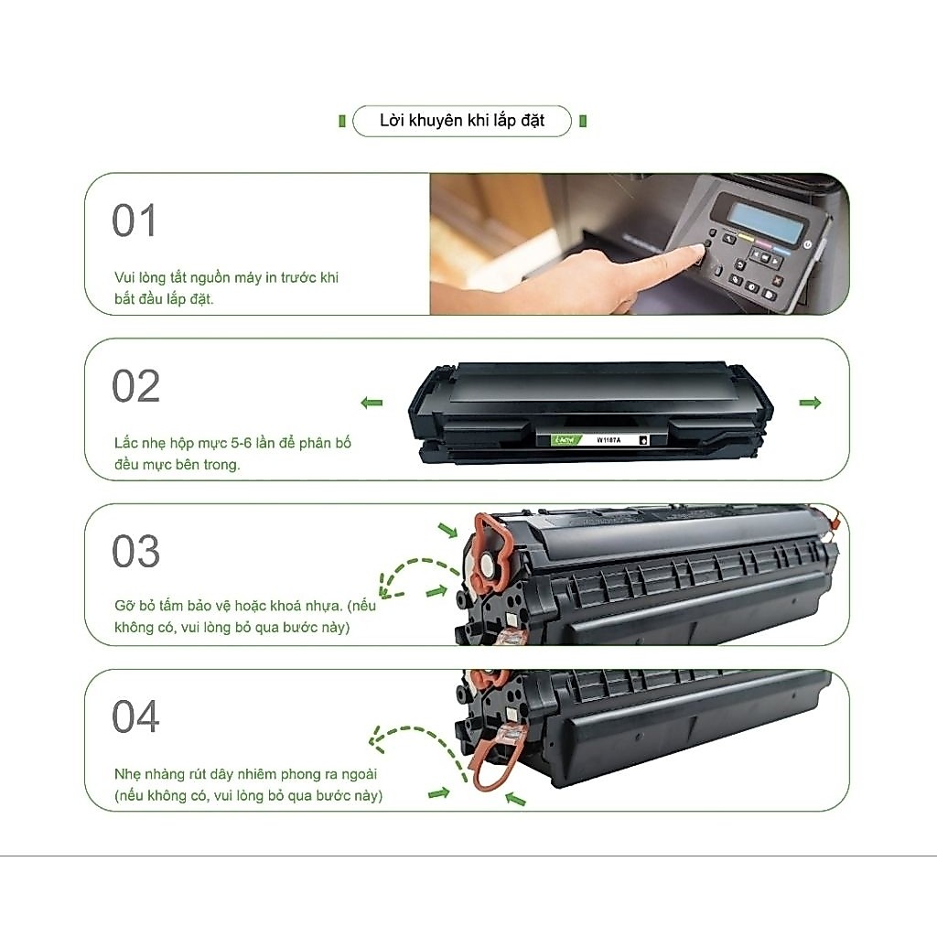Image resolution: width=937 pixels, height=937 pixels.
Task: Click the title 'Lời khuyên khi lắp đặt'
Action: (462, 121)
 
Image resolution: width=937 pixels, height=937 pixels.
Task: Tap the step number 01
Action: (134, 221)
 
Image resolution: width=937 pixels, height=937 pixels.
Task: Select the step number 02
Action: (135, 386)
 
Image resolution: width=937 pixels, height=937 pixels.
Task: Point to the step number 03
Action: (135, 551)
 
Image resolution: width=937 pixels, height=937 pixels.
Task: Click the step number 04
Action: (135, 716)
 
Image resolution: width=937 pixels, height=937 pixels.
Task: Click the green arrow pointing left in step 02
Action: (372, 403)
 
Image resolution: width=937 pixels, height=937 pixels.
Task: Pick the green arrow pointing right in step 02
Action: (811, 403)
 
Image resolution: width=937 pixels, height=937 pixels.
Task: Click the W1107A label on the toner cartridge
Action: (609, 440)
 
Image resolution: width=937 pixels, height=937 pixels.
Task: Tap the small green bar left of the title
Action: (342, 122)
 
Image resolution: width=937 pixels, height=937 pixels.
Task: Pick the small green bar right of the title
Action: (583, 122)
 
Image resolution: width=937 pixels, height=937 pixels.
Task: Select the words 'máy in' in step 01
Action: (238, 278)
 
